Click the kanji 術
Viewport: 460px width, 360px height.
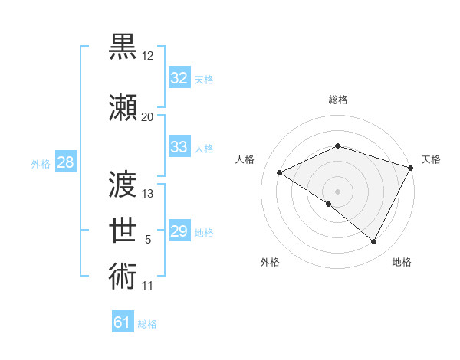tap(123, 276)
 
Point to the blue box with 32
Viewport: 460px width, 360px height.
tap(179, 78)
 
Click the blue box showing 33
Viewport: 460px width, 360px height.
tap(179, 147)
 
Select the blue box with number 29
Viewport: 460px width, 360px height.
tap(179, 231)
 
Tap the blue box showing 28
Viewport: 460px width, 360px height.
tap(65, 162)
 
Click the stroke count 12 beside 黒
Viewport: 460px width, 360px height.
tap(147, 57)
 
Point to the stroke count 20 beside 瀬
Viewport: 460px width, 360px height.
tap(147, 117)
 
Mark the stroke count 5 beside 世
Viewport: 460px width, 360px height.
tap(148, 241)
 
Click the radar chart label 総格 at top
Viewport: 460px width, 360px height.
tap(337, 100)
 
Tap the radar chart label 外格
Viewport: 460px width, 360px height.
tap(270, 262)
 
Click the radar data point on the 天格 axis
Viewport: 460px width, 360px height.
tap(411, 168)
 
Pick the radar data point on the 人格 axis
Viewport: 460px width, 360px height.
tap(280, 172)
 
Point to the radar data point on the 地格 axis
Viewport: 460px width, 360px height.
tap(374, 241)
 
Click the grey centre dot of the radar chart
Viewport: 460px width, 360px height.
tap(337, 191)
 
